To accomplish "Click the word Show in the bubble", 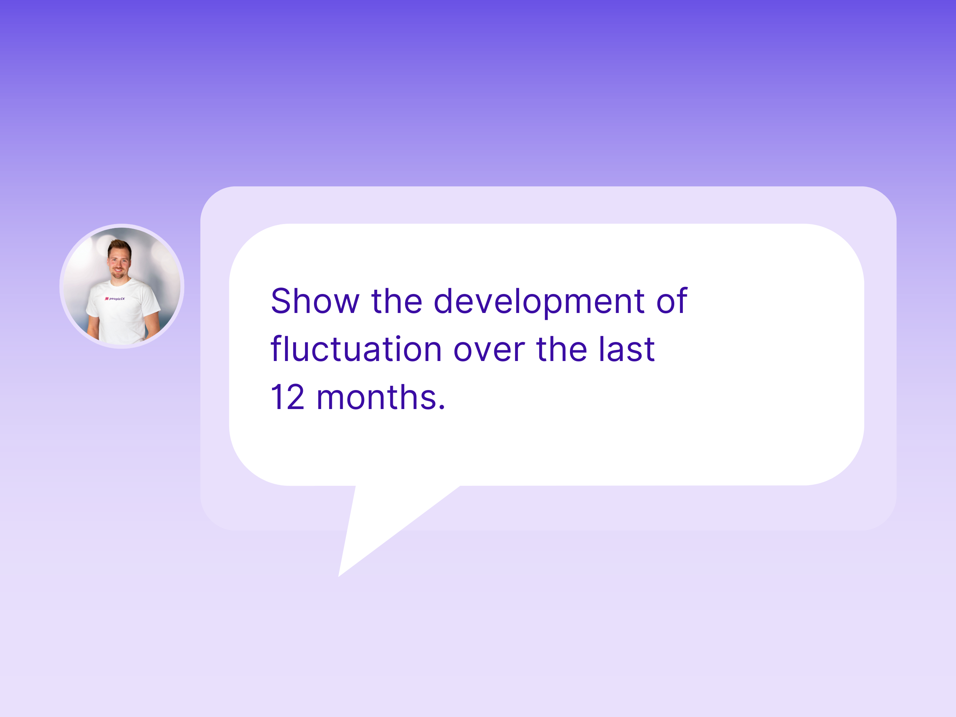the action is [315, 301].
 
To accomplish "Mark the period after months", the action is [441, 407].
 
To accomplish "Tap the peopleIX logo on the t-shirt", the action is [115, 299].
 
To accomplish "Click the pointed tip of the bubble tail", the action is [338, 576].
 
